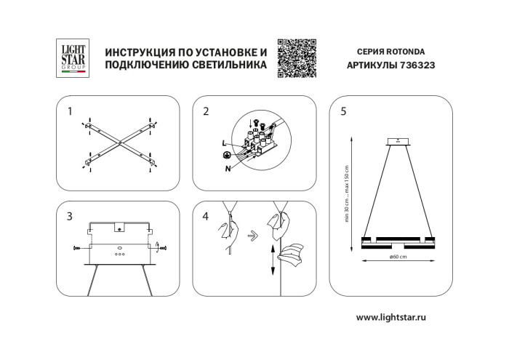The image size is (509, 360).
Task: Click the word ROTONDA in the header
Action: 406,52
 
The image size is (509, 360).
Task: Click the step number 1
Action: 69,111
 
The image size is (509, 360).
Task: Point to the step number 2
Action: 206,111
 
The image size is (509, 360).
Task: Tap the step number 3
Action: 69,216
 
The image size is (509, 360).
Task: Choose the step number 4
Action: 206,216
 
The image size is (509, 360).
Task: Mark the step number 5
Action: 342,111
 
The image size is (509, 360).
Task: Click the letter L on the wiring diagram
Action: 223,144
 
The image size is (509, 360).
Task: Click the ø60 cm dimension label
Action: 397,257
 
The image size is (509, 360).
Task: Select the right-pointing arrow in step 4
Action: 252,235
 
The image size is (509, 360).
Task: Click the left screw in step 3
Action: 78,248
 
